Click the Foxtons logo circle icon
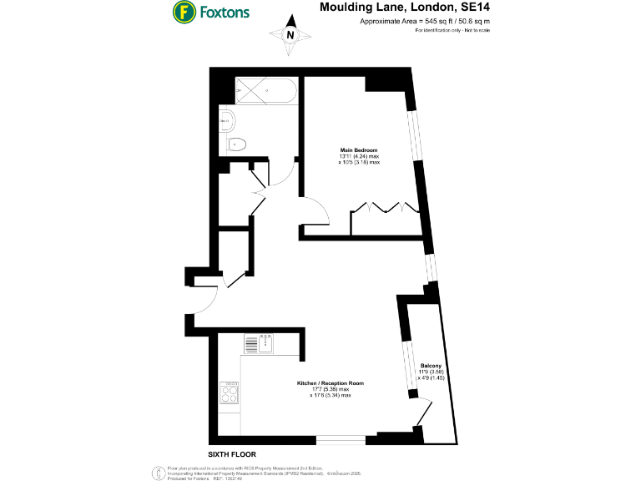click(x=184, y=13)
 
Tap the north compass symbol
click(x=290, y=34)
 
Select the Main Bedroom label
click(x=359, y=149)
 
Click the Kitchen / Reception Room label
click(x=331, y=383)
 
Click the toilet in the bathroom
click(x=235, y=144)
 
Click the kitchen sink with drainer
click(x=260, y=343)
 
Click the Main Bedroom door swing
click(x=312, y=209)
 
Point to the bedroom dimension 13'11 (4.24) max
click(x=359, y=156)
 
